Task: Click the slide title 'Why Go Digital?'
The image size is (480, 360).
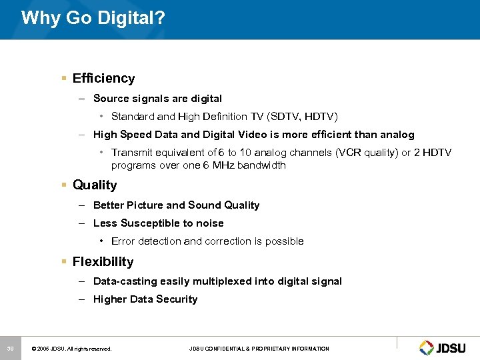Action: [93, 17]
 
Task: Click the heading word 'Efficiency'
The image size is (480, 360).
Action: [103, 78]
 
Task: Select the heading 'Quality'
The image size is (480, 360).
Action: [95, 185]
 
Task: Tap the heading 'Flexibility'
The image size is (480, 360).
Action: [103, 262]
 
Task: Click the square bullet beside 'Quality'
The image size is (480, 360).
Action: [64, 185]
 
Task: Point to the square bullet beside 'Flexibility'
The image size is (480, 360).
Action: [64, 262]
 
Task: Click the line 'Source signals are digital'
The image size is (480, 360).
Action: [157, 99]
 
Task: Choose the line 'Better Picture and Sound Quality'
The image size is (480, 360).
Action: [176, 205]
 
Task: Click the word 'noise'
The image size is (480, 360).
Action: [210, 223]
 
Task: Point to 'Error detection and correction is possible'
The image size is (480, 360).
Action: [207, 241]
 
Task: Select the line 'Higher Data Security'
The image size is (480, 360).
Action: [145, 299]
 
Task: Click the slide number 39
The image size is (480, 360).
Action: [11, 348]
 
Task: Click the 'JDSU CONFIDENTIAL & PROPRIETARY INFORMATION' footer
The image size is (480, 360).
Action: [259, 349]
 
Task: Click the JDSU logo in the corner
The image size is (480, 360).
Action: [445, 347]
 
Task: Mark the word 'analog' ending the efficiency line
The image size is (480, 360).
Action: [397, 135]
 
